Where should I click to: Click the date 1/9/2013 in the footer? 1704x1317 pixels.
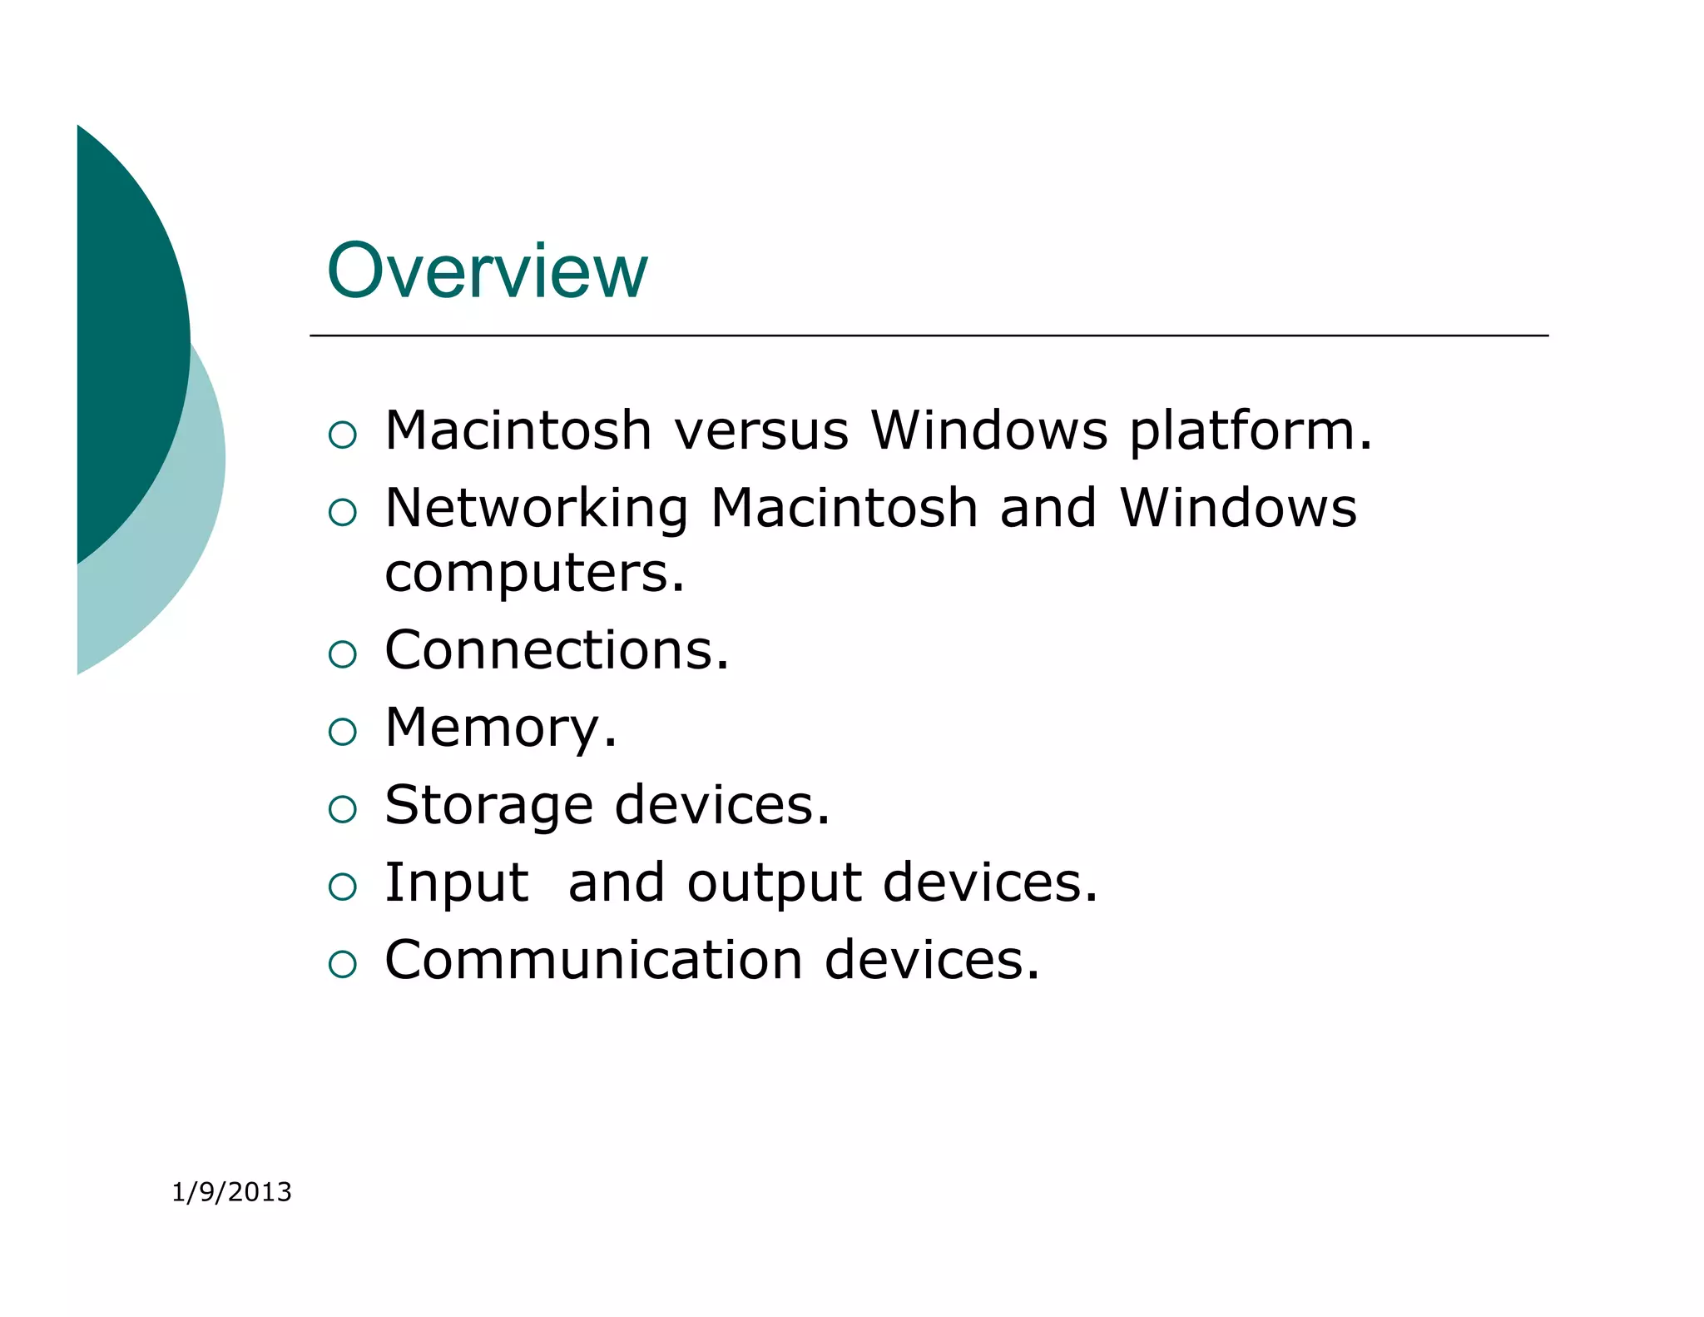point(231,1192)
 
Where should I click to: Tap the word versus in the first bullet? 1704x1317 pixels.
point(760,431)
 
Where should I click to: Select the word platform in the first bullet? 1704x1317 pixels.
point(1249,431)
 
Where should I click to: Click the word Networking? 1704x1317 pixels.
point(537,509)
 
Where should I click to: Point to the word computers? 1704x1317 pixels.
point(534,574)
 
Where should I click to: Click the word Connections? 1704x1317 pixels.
point(556,650)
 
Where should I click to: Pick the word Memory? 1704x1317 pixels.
point(499,728)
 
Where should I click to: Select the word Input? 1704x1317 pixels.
point(456,883)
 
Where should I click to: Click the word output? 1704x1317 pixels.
point(774,883)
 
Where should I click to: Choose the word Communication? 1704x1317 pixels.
point(593,961)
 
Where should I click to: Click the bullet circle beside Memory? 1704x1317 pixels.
point(342,732)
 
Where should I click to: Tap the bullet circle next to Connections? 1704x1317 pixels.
point(342,654)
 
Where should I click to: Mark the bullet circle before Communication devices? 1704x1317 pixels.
point(342,964)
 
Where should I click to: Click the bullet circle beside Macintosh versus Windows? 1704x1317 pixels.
point(342,435)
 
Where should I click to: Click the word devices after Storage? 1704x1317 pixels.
point(721,806)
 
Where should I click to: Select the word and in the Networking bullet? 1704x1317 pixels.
point(1048,509)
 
